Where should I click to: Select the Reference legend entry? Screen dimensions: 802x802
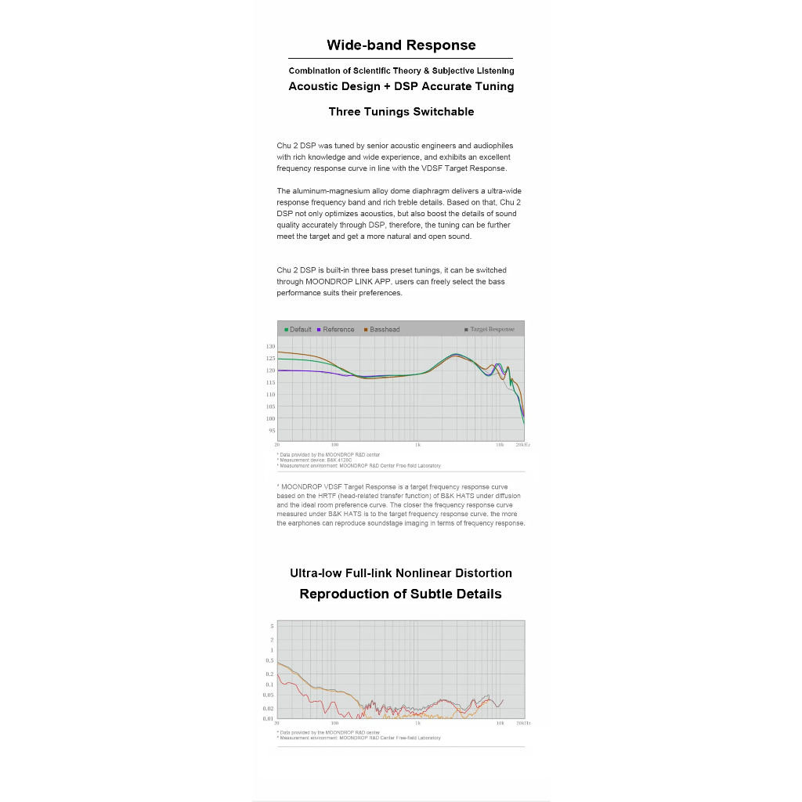[338, 330]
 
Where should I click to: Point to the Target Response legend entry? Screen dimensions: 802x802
[492, 330]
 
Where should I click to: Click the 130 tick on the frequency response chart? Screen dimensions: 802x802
[271, 346]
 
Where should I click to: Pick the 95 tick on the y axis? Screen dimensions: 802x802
[272, 431]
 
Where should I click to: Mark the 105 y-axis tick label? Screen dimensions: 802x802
[271, 406]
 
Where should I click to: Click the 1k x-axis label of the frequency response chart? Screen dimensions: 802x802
[418, 444]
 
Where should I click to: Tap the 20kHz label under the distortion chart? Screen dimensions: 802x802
[522, 723]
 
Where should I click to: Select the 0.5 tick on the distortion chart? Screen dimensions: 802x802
[270, 661]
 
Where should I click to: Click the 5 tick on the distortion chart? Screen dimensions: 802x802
[272, 627]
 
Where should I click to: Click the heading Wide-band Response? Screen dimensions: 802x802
[401, 45]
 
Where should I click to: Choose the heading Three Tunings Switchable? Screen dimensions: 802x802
[401, 112]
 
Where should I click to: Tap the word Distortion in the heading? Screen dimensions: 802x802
[478, 573]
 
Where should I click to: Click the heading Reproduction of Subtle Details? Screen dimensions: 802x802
[400, 594]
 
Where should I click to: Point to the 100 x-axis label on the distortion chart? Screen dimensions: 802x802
[334, 723]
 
